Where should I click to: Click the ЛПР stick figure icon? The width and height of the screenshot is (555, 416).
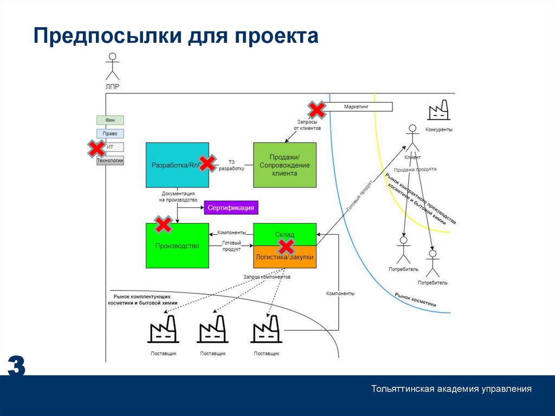112,67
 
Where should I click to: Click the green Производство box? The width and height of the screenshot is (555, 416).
177,246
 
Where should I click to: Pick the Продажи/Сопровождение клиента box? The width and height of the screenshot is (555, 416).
285,165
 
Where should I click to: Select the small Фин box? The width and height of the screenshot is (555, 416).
110,120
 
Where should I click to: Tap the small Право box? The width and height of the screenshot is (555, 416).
110,133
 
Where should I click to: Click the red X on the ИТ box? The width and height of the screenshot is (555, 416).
97,148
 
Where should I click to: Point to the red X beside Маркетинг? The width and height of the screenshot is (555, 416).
317,110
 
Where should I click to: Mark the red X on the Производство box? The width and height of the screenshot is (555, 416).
163,223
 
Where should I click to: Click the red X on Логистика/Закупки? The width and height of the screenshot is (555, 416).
286,247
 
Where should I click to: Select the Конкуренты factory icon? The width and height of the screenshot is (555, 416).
438,110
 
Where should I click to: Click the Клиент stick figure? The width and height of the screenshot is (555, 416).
412,138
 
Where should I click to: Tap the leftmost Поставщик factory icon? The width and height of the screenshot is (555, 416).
163,329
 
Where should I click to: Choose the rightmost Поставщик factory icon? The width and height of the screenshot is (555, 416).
266,329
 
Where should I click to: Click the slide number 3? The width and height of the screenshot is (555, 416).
16,367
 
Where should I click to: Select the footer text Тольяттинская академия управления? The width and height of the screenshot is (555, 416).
451,389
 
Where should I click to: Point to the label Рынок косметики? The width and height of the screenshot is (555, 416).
415,300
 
